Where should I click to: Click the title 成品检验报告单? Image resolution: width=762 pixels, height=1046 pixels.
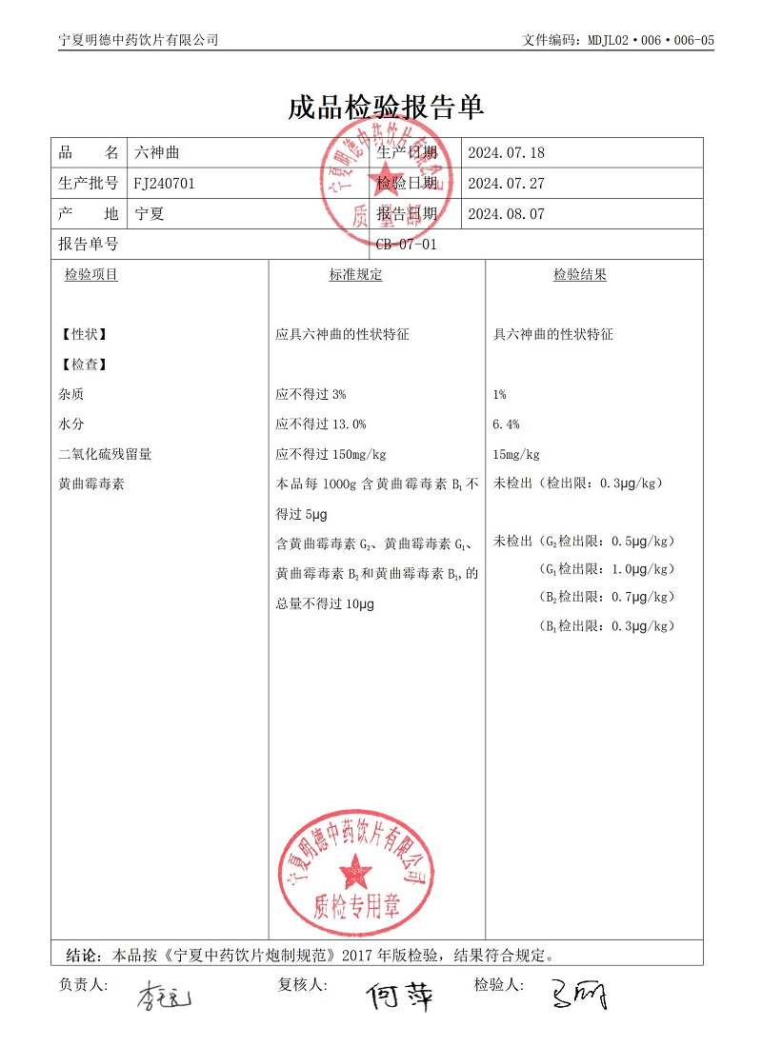pyautogui.click(x=386, y=107)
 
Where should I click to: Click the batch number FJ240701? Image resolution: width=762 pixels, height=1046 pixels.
pyautogui.click(x=165, y=184)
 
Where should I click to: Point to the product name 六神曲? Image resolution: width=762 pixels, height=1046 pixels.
pyautogui.click(x=156, y=153)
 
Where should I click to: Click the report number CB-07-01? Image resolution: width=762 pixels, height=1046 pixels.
pyautogui.click(x=407, y=245)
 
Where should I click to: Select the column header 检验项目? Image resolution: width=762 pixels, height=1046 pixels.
pyautogui.click(x=91, y=275)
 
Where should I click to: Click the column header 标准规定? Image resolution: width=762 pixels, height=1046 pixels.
pyautogui.click(x=355, y=275)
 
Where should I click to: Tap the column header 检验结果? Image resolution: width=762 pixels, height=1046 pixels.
pyautogui.click(x=580, y=275)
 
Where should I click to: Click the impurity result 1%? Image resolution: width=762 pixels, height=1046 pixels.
pyautogui.click(x=500, y=394)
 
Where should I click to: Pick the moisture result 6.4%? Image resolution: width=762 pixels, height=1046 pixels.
pyautogui.click(x=506, y=424)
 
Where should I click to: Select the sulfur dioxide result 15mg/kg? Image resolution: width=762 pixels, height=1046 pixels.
pyautogui.click(x=517, y=454)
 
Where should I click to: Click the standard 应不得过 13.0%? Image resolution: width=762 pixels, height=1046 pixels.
pyautogui.click(x=320, y=424)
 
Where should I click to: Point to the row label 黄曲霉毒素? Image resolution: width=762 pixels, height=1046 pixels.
pyautogui.click(x=91, y=484)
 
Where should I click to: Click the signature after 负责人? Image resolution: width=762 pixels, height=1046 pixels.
pyautogui.click(x=164, y=997)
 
